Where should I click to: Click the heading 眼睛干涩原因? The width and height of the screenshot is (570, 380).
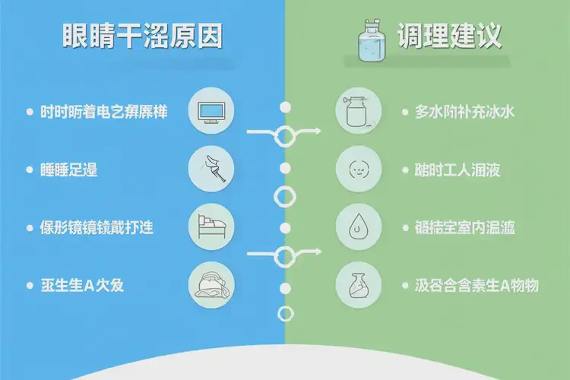tap(143, 37)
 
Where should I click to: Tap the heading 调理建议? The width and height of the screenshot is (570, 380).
tap(448, 36)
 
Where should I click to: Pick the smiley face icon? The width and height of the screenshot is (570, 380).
tap(358, 169)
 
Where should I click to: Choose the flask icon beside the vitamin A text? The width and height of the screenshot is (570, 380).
tap(358, 285)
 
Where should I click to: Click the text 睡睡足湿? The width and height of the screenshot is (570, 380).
tap(69, 169)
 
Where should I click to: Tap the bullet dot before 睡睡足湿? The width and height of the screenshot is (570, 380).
tap(28, 169)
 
